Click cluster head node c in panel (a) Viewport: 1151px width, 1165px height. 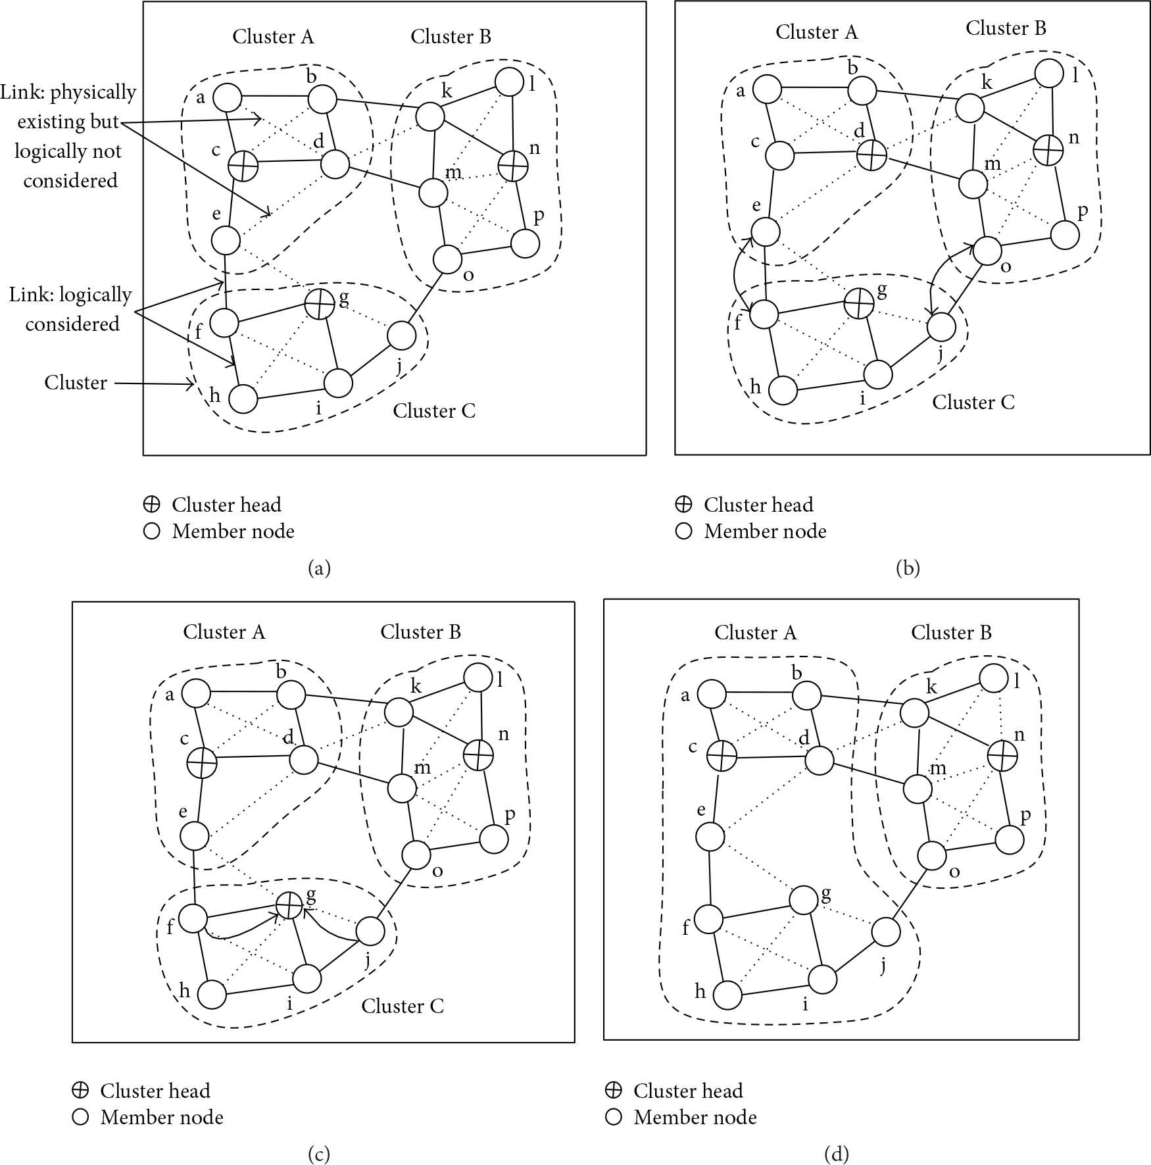pos(243,165)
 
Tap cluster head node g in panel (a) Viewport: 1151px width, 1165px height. pos(320,305)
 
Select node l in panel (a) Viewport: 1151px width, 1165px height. pos(509,82)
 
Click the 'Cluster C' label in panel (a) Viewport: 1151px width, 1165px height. pos(434,411)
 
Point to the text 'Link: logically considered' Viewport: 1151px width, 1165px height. pos(71,309)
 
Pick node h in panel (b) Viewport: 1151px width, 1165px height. pos(783,390)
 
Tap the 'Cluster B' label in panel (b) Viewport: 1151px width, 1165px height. pos(1006,28)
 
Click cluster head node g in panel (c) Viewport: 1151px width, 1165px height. pos(288,906)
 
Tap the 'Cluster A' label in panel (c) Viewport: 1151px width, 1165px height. pos(224,632)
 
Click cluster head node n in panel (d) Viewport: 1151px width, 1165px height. pos(1003,756)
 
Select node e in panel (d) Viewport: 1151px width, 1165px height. pos(710,837)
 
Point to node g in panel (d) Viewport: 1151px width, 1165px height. pos(803,900)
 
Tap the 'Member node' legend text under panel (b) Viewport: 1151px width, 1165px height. pos(766,532)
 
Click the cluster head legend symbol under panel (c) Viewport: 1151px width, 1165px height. pos(80,1091)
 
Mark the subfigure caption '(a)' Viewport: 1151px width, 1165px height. pos(319,568)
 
